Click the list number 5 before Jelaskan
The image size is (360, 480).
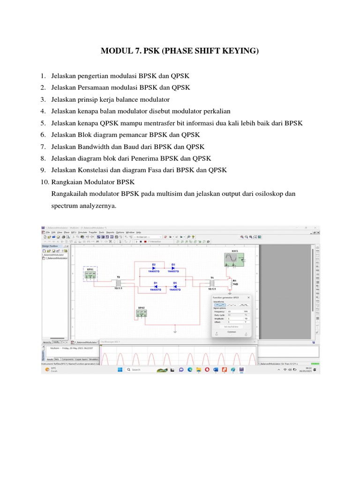tap(42, 123)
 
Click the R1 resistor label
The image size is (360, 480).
tap(234, 281)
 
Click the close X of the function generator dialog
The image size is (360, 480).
tap(248, 297)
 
